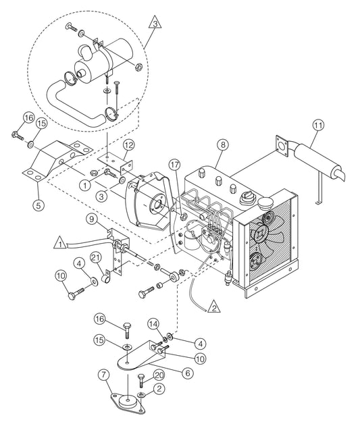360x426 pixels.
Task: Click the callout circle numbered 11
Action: tap(317, 125)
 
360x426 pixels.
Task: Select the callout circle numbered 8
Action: tap(224, 144)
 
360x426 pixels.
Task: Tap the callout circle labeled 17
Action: tap(174, 165)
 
